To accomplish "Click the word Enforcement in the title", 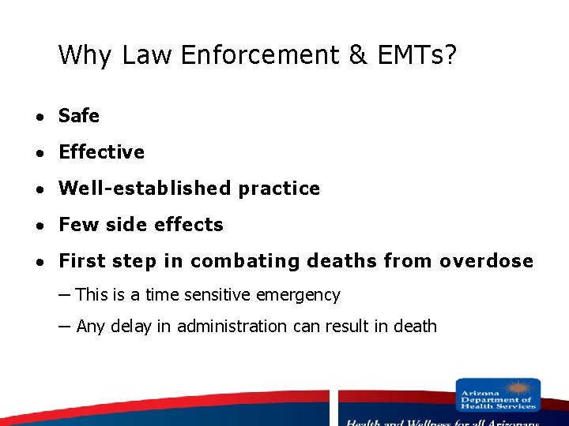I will tap(266, 54).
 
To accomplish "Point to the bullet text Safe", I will tap(79, 116).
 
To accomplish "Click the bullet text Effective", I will tap(101, 152).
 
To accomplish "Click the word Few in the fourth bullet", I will tap(77, 225).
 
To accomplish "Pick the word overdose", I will tap(486, 261).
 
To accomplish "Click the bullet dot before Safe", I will tap(38, 117).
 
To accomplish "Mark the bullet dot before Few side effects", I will tap(38, 226).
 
